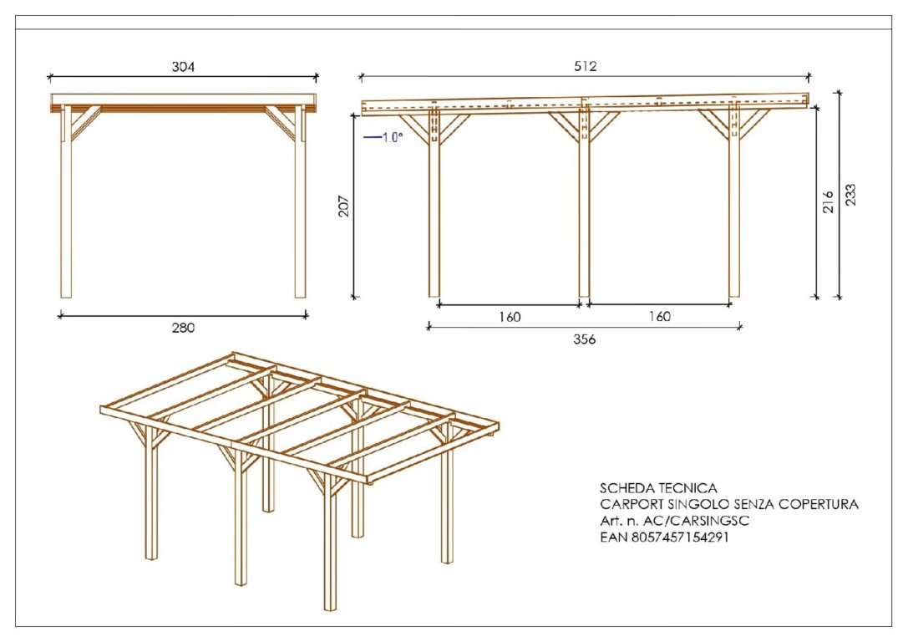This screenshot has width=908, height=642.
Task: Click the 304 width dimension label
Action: coord(183,67)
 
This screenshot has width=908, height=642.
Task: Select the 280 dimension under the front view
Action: coord(183,328)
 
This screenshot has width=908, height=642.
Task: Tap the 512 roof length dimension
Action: coord(586,66)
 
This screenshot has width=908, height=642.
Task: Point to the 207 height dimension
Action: coord(343,206)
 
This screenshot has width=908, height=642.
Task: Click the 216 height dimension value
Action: coord(828,201)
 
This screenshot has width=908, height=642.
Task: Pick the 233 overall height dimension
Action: coord(850,195)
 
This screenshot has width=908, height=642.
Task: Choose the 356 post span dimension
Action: coord(584,339)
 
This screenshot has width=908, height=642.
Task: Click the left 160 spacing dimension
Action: coord(510,317)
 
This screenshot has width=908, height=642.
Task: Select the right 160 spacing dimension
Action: coord(660,316)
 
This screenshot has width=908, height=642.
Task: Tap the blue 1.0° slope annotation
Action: coord(383,137)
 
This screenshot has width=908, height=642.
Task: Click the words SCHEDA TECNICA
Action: coord(658,488)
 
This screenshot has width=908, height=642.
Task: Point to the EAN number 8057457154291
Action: coord(680,538)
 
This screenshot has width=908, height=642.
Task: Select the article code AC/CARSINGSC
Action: coord(697,521)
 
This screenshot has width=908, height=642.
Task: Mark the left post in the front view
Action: coord(66,201)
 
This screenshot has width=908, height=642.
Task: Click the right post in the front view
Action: coord(300,201)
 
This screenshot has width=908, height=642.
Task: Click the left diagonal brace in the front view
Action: coord(86,122)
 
